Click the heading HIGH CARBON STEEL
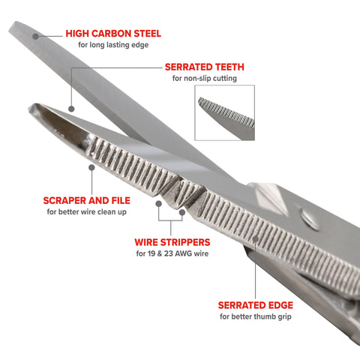113,34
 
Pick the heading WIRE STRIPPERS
172,242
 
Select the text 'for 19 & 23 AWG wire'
172,253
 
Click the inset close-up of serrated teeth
225,112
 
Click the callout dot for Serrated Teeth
70,108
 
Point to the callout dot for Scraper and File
90,168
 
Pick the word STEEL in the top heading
145,34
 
